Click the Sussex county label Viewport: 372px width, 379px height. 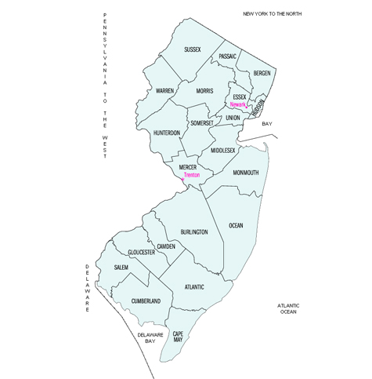(x=193, y=49)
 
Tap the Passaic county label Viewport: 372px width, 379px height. (x=228, y=56)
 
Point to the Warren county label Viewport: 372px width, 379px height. (x=164, y=91)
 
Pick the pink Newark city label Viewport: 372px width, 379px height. (x=239, y=104)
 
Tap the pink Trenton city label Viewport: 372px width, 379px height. (x=192, y=176)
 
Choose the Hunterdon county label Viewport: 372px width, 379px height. (x=167, y=133)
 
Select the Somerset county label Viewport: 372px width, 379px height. (x=202, y=124)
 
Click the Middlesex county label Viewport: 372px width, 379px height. (x=222, y=150)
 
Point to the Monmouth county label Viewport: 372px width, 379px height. (x=246, y=173)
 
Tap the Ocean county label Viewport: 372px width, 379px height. (x=236, y=226)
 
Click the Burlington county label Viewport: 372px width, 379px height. (x=193, y=232)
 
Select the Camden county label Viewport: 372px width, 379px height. (x=166, y=246)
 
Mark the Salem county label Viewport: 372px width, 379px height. (x=121, y=268)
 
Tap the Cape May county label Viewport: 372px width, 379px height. (x=178, y=337)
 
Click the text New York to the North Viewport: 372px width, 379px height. (x=272, y=14)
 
